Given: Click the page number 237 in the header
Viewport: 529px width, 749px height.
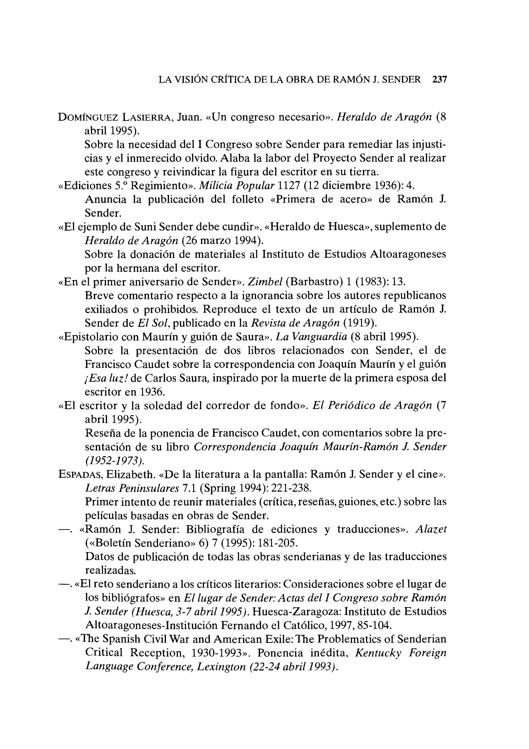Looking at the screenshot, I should tap(439, 80).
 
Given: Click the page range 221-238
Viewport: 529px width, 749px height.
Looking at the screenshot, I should tap(290, 488).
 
